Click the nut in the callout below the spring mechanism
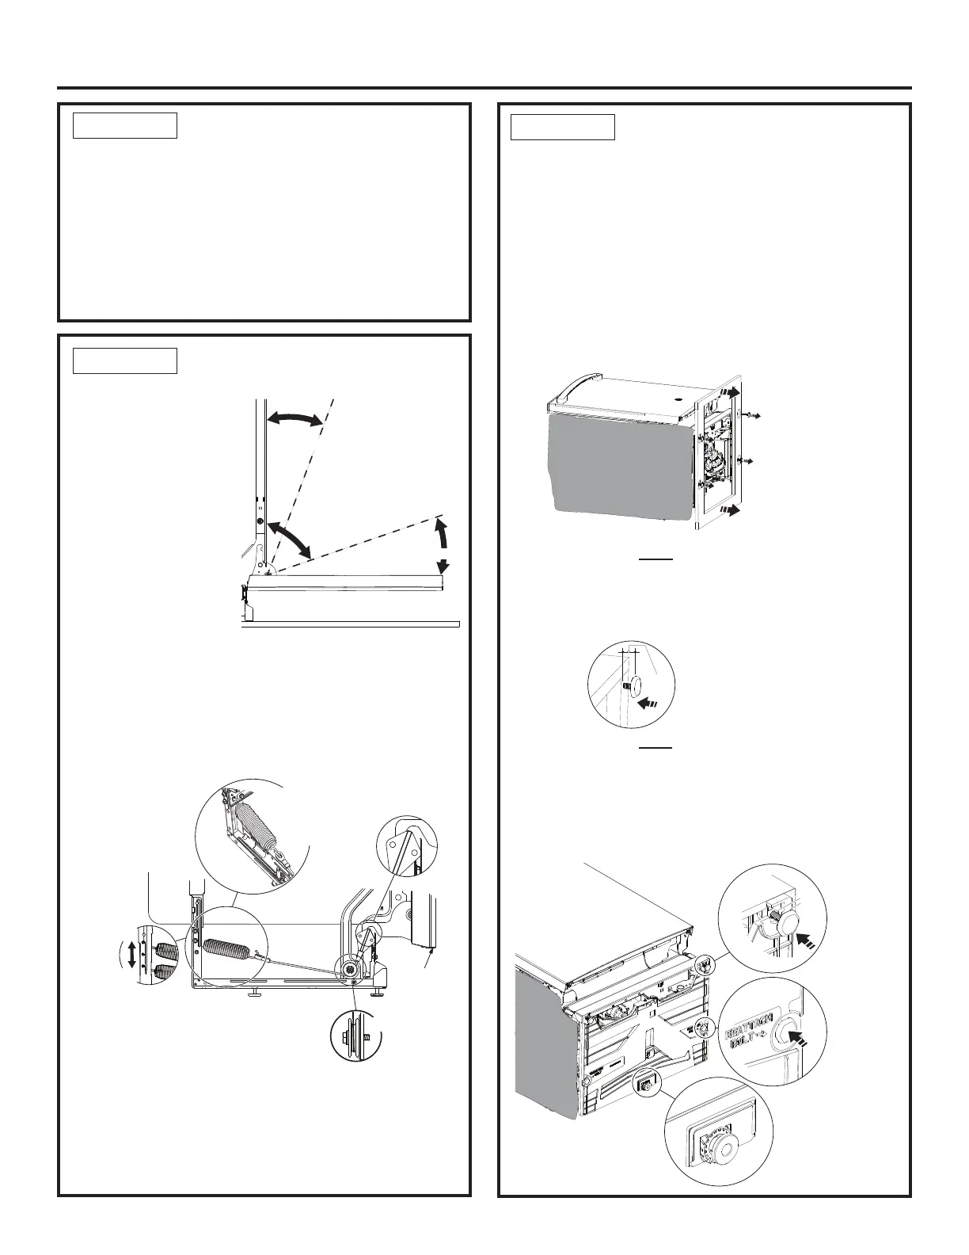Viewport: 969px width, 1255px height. [x=348, y=1037]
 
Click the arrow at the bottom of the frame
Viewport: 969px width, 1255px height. [x=730, y=509]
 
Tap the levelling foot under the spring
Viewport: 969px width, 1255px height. [x=255, y=992]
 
